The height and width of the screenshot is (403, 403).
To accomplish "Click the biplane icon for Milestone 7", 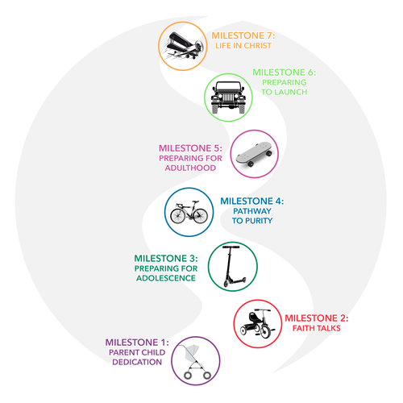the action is (185, 46).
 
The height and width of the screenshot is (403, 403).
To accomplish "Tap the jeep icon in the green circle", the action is (228, 98).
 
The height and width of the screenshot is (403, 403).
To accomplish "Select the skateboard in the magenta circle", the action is (254, 154).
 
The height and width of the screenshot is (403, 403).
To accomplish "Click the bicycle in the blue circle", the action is (189, 212).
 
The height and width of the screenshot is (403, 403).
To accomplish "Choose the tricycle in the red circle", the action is (257, 323).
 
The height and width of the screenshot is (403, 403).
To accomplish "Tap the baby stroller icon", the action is (196, 362).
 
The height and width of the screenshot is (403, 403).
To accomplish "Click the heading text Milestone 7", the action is (243, 35).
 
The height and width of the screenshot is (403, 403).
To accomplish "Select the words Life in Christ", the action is (243, 46).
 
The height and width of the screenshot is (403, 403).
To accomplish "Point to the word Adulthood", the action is (190, 168).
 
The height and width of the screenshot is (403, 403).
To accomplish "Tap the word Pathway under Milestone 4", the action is (252, 211).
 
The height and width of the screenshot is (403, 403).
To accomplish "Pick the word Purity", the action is (259, 221).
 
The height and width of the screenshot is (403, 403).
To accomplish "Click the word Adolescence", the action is (166, 278).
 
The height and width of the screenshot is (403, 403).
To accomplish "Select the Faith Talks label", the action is (317, 328).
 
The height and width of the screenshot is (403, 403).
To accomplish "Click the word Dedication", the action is (137, 362).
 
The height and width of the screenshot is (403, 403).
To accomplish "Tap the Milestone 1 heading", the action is (137, 343).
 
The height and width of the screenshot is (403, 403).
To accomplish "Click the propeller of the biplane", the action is (199, 47).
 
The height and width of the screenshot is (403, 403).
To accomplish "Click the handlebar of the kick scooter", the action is (231, 247).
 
